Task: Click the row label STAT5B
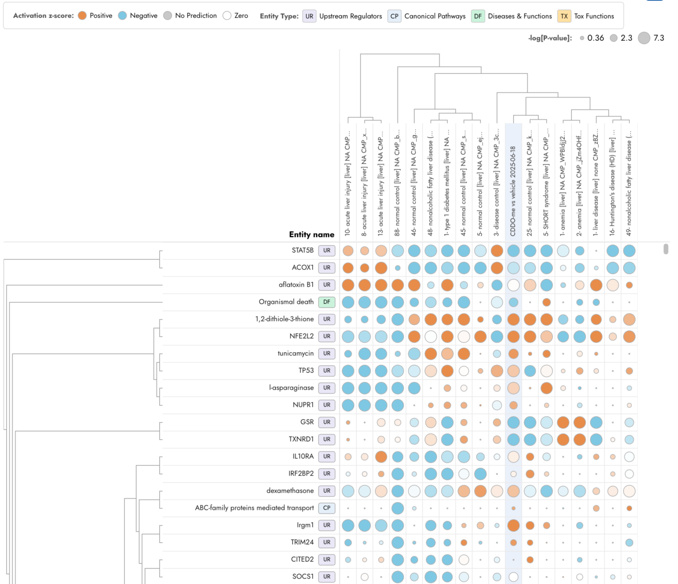click(303, 250)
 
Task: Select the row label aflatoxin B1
click(296, 284)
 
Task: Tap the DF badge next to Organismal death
click(327, 302)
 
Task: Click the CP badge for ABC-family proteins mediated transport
click(327, 508)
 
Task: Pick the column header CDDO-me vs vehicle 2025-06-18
click(513, 191)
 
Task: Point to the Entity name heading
click(312, 235)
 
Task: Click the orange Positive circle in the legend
click(83, 16)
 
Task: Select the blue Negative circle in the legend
click(122, 16)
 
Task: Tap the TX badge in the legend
click(564, 16)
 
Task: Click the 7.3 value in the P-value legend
click(659, 38)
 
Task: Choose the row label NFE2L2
click(302, 336)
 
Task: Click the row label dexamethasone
click(290, 491)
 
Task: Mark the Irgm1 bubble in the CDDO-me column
click(513, 525)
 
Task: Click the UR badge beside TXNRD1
click(327, 439)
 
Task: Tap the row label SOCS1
click(303, 576)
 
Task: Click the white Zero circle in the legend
click(227, 16)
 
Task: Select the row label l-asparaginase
click(291, 388)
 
